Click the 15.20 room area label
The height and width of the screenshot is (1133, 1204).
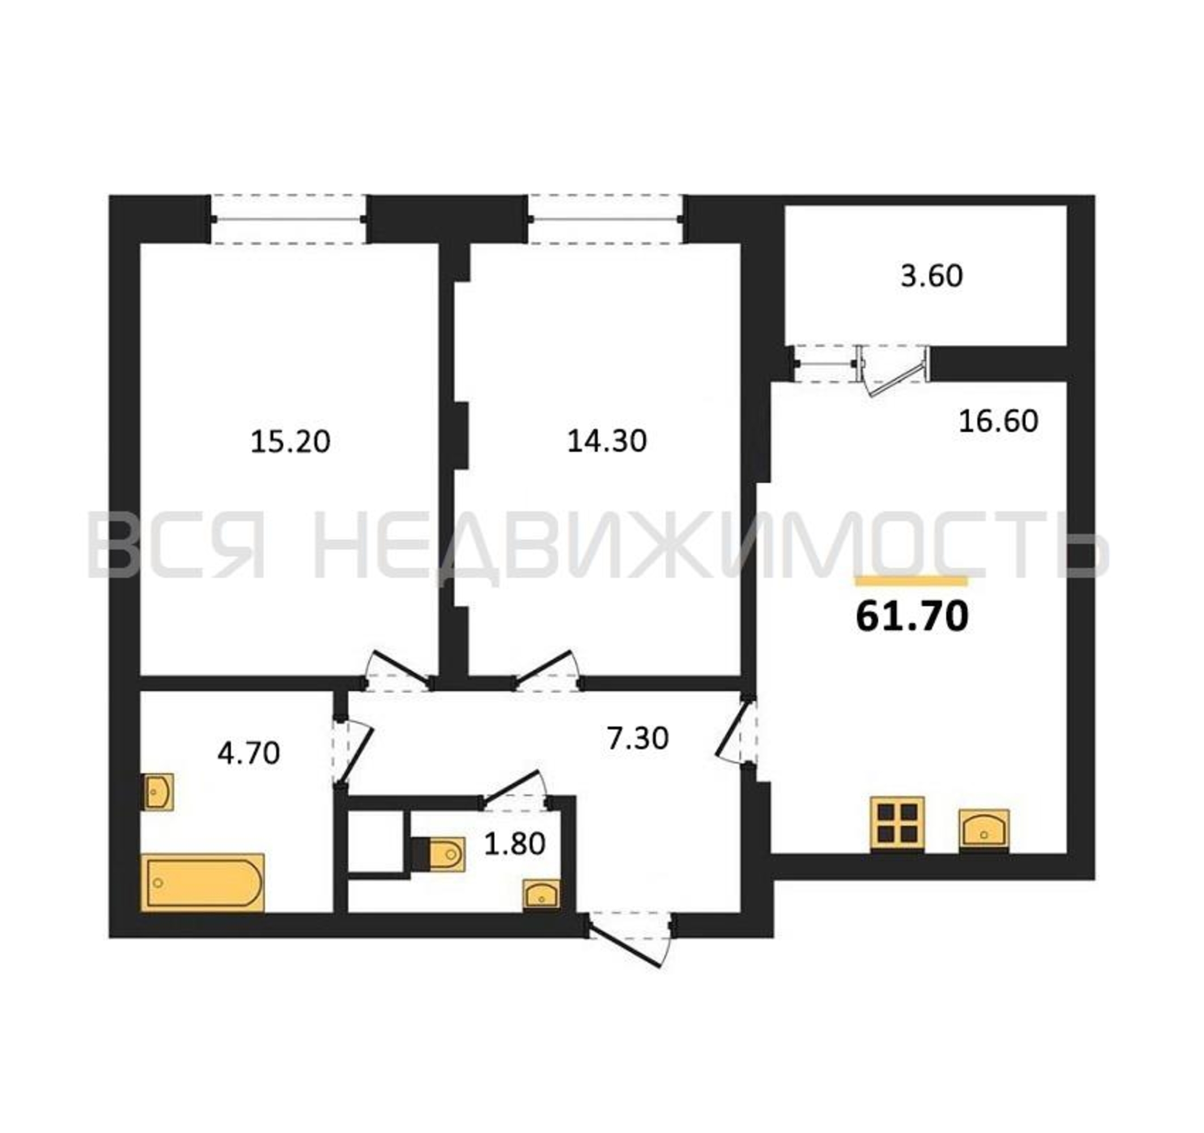tap(290, 441)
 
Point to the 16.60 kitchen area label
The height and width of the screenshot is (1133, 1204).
tap(999, 421)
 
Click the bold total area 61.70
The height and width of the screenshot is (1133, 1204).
tap(912, 617)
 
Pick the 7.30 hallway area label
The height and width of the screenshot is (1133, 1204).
tap(638, 738)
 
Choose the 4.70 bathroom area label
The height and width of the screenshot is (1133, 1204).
tap(249, 753)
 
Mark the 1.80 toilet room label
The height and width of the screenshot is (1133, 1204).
tap(515, 844)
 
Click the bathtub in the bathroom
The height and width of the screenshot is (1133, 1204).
tap(203, 882)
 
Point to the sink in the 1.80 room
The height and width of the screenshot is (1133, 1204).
tap(542, 895)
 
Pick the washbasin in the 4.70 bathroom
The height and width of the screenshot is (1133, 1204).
tap(158, 791)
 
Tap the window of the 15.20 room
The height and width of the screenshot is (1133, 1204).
tap(288, 219)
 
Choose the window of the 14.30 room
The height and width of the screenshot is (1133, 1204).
tap(606, 219)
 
